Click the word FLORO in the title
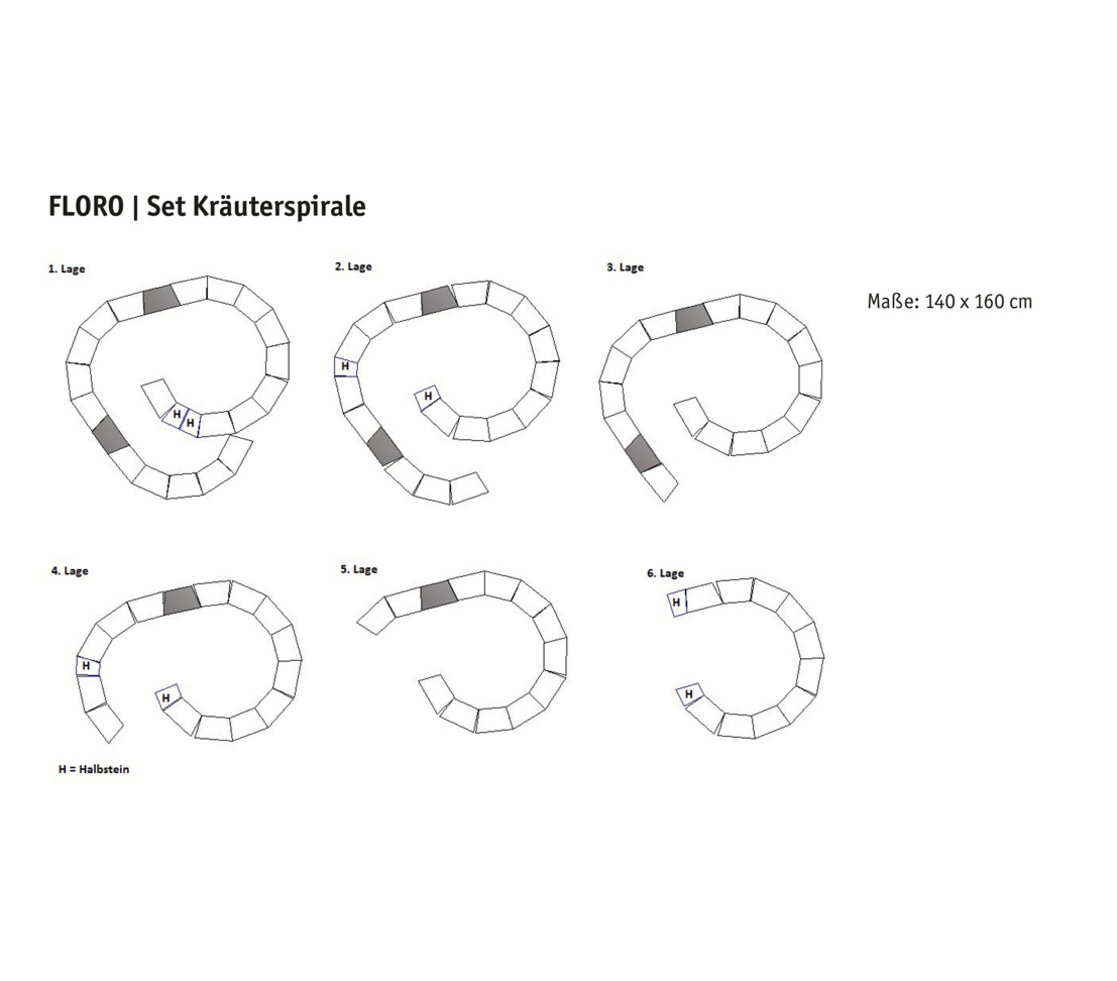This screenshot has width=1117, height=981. (86, 207)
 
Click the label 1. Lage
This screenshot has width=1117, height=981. (67, 269)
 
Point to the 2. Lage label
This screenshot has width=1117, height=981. (353, 267)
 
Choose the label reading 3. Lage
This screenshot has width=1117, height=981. (625, 267)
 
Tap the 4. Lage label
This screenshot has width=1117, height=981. (70, 571)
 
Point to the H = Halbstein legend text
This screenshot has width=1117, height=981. (94, 769)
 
